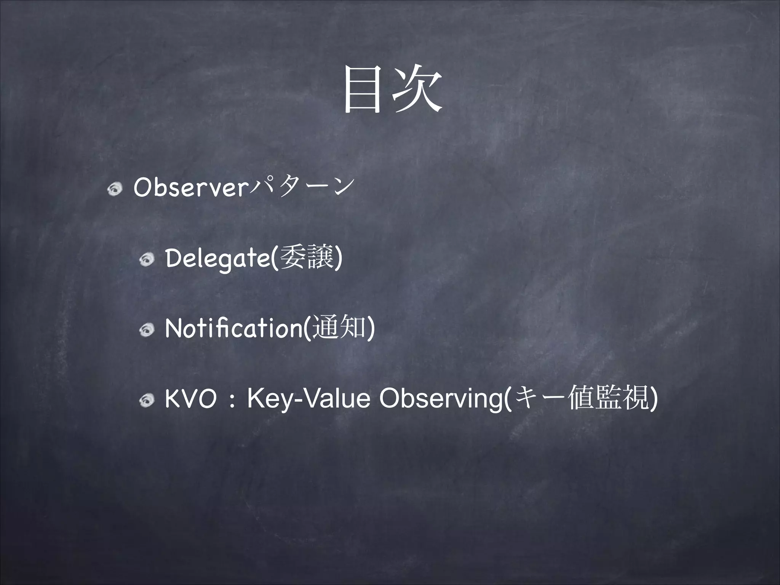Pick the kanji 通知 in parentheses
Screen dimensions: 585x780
[338, 328]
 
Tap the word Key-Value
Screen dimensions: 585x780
[308, 400]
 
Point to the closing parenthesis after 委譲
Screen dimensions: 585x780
[339, 259]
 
